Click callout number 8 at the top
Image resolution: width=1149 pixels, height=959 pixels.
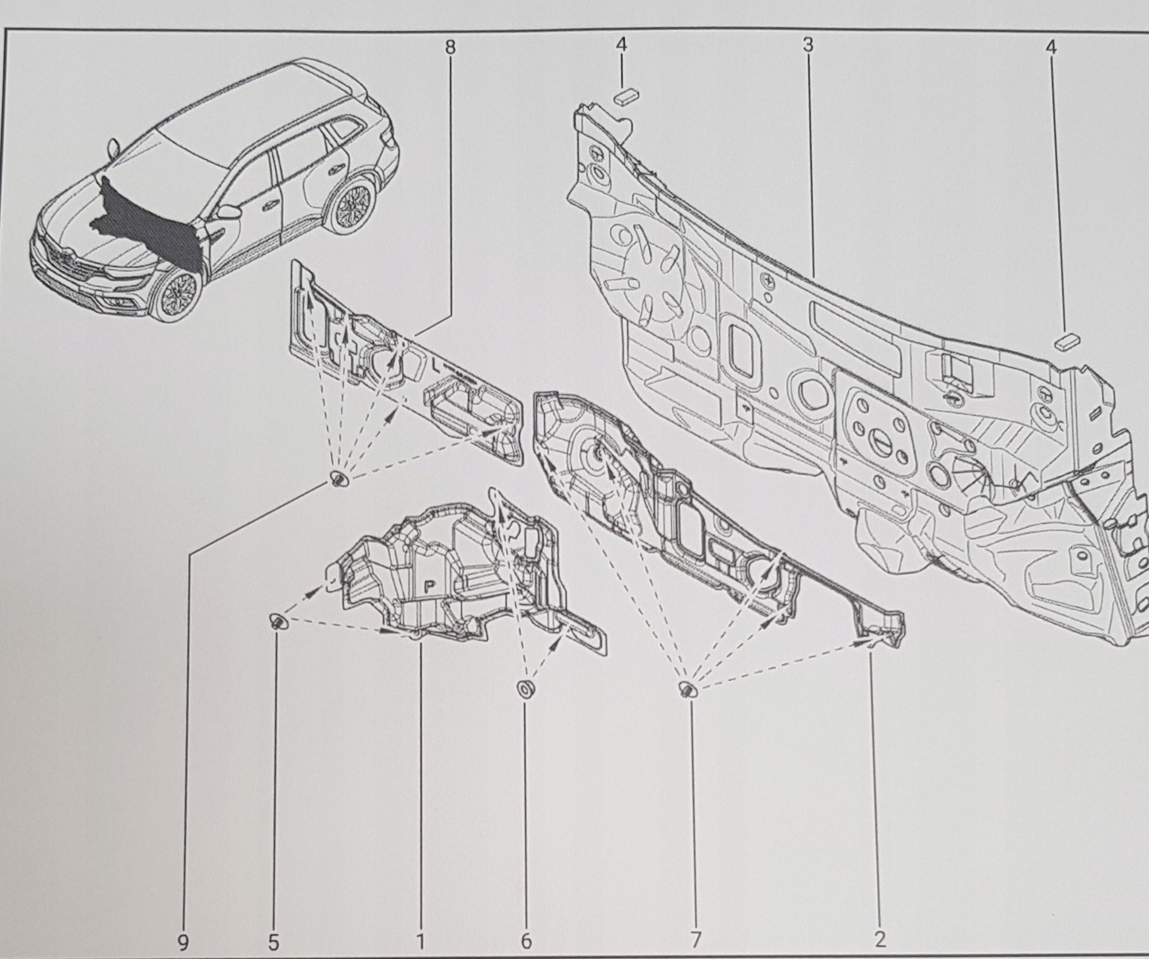pyautogui.click(x=450, y=47)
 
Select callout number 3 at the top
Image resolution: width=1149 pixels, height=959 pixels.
pyautogui.click(x=808, y=45)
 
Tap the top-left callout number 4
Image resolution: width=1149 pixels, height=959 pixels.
pyautogui.click(x=622, y=45)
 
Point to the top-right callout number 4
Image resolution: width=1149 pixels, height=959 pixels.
pyautogui.click(x=1051, y=47)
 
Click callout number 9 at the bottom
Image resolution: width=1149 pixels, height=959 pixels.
pyautogui.click(x=183, y=924)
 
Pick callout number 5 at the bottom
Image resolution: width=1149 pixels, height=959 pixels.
pyautogui.click(x=273, y=924)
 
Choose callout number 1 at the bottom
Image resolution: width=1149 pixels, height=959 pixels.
pyautogui.click(x=420, y=924)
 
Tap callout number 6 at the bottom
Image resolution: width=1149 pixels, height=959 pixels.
pyautogui.click(x=526, y=924)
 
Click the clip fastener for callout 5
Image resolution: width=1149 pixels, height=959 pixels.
pyautogui.click(x=277, y=620)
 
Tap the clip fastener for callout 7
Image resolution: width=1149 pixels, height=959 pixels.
pyautogui.click(x=688, y=689)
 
